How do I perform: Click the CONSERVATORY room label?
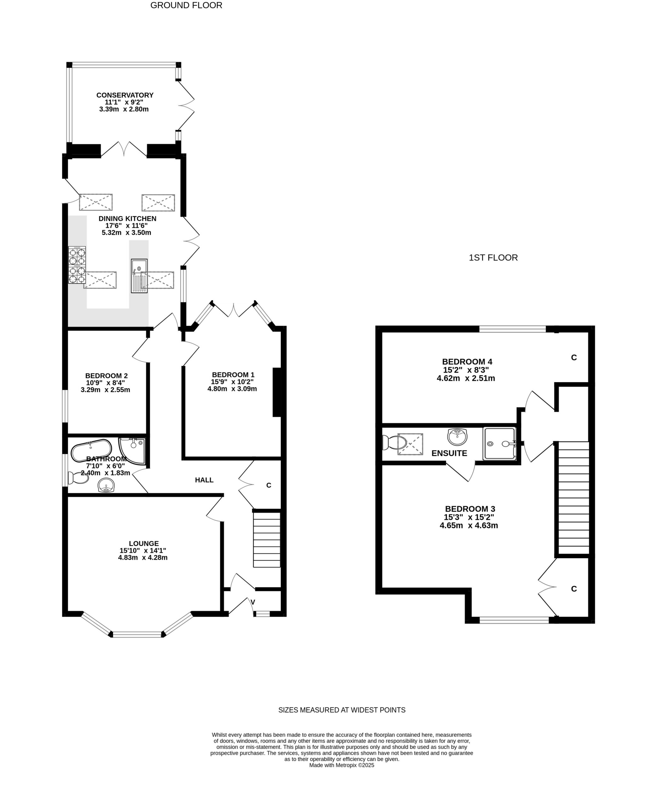pos(125,95)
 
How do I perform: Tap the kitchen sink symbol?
pos(139,276)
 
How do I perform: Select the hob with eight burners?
pos(77,265)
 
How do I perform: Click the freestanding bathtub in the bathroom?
pos(91,450)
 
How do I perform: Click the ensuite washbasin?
pos(457,437)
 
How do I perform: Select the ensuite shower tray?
pos(499,443)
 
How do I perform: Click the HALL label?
pos(204,480)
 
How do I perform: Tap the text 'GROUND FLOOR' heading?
pos(186,5)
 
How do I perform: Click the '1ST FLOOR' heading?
pos(493,258)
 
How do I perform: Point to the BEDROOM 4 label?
pos(467,362)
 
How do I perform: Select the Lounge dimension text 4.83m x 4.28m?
pos(143,558)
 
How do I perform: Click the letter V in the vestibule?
pos(253,602)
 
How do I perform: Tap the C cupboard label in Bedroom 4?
pos(574,358)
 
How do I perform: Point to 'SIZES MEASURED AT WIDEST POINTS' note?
pos(342,710)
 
